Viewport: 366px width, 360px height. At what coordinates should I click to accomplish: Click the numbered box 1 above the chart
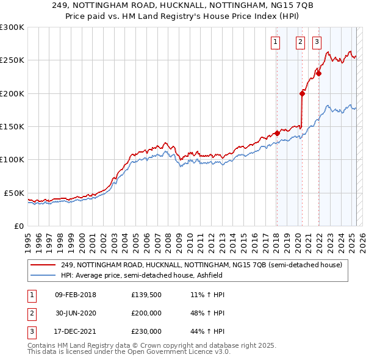coord(275,42)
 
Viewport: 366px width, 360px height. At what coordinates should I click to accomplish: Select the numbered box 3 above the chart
coord(317,42)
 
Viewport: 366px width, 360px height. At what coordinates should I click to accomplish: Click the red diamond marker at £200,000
coord(302,93)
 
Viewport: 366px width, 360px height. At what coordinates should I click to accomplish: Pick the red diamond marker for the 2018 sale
coord(276,133)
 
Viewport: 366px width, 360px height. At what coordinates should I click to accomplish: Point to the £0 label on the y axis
coord(18,226)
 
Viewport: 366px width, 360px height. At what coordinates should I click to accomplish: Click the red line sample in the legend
coord(43,265)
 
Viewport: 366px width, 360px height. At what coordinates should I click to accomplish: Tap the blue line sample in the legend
coord(43,275)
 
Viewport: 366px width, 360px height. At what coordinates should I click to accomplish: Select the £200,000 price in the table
coord(146,313)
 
